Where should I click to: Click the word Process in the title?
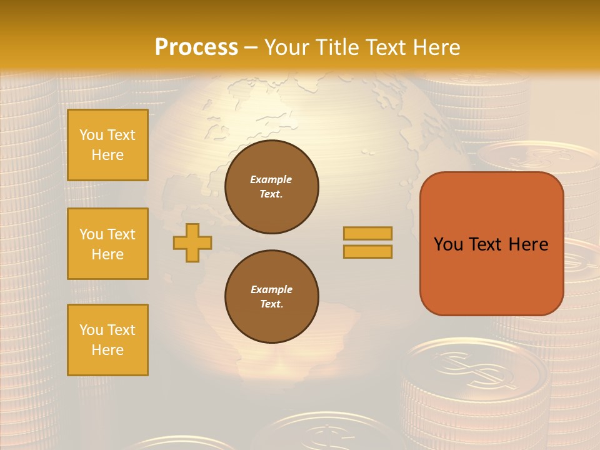tap(196, 48)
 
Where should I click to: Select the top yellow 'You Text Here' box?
tap(107, 145)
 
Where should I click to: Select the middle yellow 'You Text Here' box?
tap(107, 244)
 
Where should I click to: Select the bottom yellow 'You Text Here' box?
tap(107, 340)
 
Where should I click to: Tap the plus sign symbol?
tap(192, 242)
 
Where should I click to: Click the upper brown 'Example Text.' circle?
tap(272, 187)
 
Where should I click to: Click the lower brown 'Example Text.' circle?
tap(272, 297)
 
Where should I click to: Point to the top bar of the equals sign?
tap(367, 233)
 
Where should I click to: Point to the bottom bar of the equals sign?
tap(367, 251)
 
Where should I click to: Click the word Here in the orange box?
tap(528, 244)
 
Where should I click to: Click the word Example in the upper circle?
tap(271, 179)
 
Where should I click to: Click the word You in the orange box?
tap(448, 244)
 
